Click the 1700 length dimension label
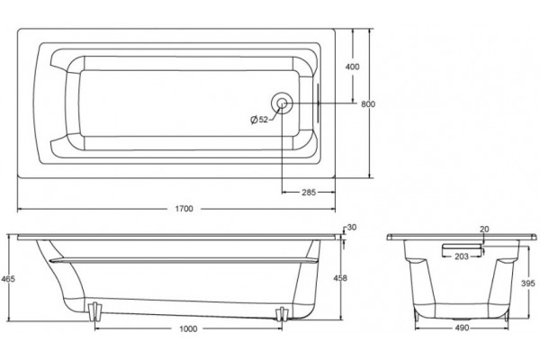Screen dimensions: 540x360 (x=184, y=209)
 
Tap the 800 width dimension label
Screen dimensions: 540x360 (x=368, y=104)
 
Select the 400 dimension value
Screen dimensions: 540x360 (x=352, y=67)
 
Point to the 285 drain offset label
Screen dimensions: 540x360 (x=309, y=193)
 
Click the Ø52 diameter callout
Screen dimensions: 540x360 (x=259, y=120)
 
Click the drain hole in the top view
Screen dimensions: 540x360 (x=282, y=103)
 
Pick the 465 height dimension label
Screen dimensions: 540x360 (x=8, y=279)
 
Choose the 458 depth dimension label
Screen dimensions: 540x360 (x=340, y=278)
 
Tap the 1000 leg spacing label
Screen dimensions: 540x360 (x=188, y=328)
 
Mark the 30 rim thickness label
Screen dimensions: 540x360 (x=352, y=228)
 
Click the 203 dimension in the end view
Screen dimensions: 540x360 (x=462, y=256)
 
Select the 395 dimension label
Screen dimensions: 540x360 (x=528, y=283)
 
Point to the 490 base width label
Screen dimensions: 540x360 (x=462, y=328)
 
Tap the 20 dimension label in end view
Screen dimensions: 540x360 (x=484, y=229)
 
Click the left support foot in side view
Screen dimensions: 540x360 (x=94, y=311)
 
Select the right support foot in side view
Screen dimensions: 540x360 (x=282, y=314)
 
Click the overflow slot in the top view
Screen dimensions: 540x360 (x=319, y=103)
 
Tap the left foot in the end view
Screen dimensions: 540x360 (x=417, y=315)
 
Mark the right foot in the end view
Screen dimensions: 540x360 (x=506, y=315)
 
